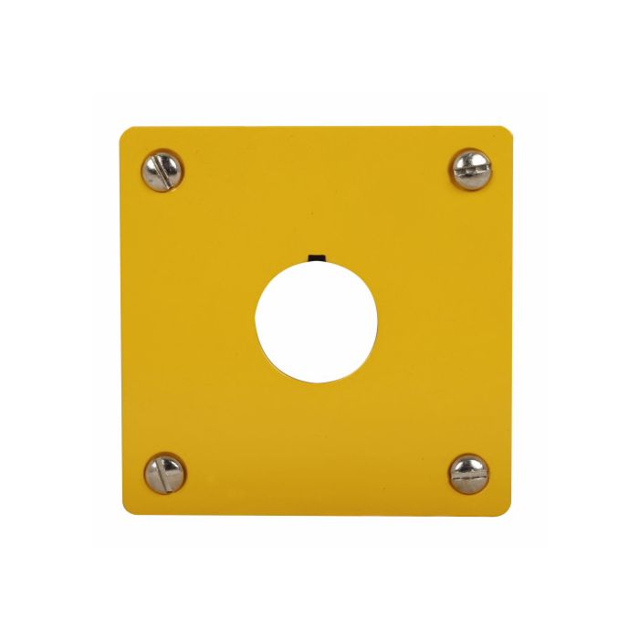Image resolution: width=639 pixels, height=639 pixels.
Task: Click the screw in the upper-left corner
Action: pyautogui.click(x=162, y=171)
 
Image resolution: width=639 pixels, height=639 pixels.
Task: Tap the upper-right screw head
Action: pyautogui.click(x=471, y=169)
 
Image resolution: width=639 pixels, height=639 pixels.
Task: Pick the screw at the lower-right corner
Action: pyautogui.click(x=469, y=474)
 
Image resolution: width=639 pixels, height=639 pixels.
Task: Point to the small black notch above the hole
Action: pyautogui.click(x=317, y=259)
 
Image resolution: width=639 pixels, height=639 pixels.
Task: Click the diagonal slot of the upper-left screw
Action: pyautogui.click(x=162, y=171)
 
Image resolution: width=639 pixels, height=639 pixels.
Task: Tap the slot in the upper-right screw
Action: pyautogui.click(x=471, y=169)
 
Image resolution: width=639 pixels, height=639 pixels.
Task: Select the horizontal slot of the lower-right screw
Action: pyautogui.click(x=469, y=474)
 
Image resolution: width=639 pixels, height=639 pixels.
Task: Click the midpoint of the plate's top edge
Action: pyautogui.click(x=316, y=128)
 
